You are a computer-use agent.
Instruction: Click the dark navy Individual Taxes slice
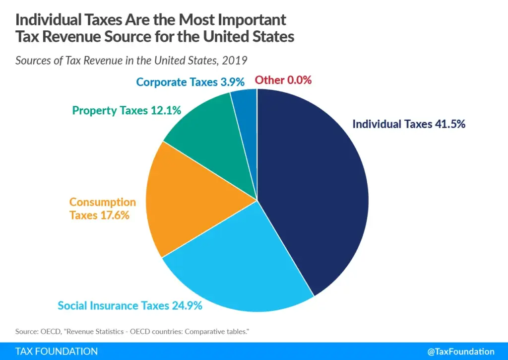click(x=313, y=189)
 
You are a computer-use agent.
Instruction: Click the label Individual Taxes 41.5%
click(x=409, y=124)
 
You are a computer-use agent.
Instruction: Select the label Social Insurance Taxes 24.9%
click(x=130, y=306)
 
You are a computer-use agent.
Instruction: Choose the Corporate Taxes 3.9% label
click(x=191, y=82)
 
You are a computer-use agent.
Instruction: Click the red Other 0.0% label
click(x=283, y=80)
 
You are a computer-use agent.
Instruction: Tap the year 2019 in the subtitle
click(x=235, y=61)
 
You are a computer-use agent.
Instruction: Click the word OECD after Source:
click(x=49, y=332)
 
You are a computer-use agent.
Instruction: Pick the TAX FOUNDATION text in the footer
click(x=57, y=352)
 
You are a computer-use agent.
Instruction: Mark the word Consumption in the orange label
click(x=103, y=202)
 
